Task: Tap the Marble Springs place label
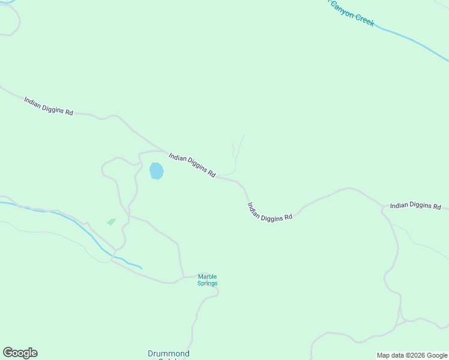pos(208,280)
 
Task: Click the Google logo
pos(20,353)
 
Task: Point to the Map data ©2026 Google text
pos(412,355)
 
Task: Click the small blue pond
pos(156,171)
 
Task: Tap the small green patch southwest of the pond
pos(111,221)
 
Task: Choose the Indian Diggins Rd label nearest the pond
pos(192,164)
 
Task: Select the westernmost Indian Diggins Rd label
pos(49,106)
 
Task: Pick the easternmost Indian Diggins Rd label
pos(415,206)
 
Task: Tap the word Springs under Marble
pos(208,283)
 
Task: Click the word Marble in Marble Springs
pos(208,277)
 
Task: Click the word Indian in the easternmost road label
pos(399,205)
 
